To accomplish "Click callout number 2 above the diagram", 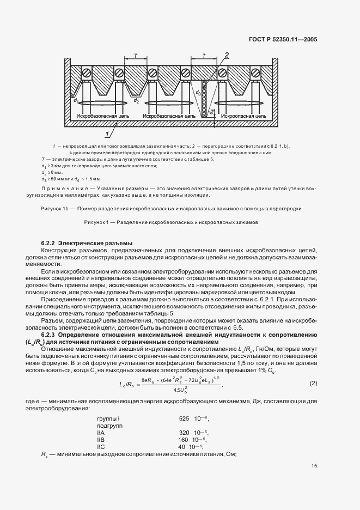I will [x=227, y=54].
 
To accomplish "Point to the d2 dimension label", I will [x=136, y=101].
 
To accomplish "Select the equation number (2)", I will [x=313, y=383].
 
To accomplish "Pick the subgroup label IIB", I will [x=101, y=439].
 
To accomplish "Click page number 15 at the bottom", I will [x=314, y=466].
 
